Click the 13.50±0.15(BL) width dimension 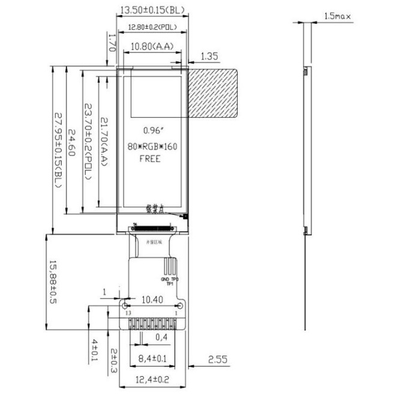[152, 10]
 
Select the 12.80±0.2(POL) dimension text [152, 27]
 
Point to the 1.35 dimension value [209, 56]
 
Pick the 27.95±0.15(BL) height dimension [58, 150]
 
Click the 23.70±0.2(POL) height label [88, 141]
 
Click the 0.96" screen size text [153, 130]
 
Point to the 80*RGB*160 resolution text [153, 146]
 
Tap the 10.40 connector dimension [151, 299]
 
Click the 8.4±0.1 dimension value [152, 359]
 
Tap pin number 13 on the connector [127, 313]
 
